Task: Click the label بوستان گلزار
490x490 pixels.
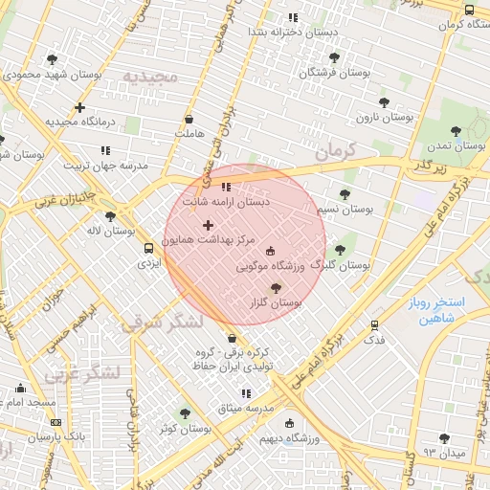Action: click(x=275, y=301)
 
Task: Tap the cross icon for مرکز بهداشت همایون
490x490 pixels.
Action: click(x=208, y=225)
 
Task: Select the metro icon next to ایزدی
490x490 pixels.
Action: click(x=147, y=248)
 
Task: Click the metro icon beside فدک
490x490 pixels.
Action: click(x=374, y=324)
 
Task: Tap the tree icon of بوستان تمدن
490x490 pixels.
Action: click(x=455, y=132)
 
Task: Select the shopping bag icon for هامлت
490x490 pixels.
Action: click(x=189, y=120)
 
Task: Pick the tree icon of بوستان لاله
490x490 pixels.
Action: click(x=110, y=216)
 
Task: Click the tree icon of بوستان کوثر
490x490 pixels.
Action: click(x=185, y=413)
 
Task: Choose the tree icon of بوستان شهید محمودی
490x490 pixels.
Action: click(x=52, y=59)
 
